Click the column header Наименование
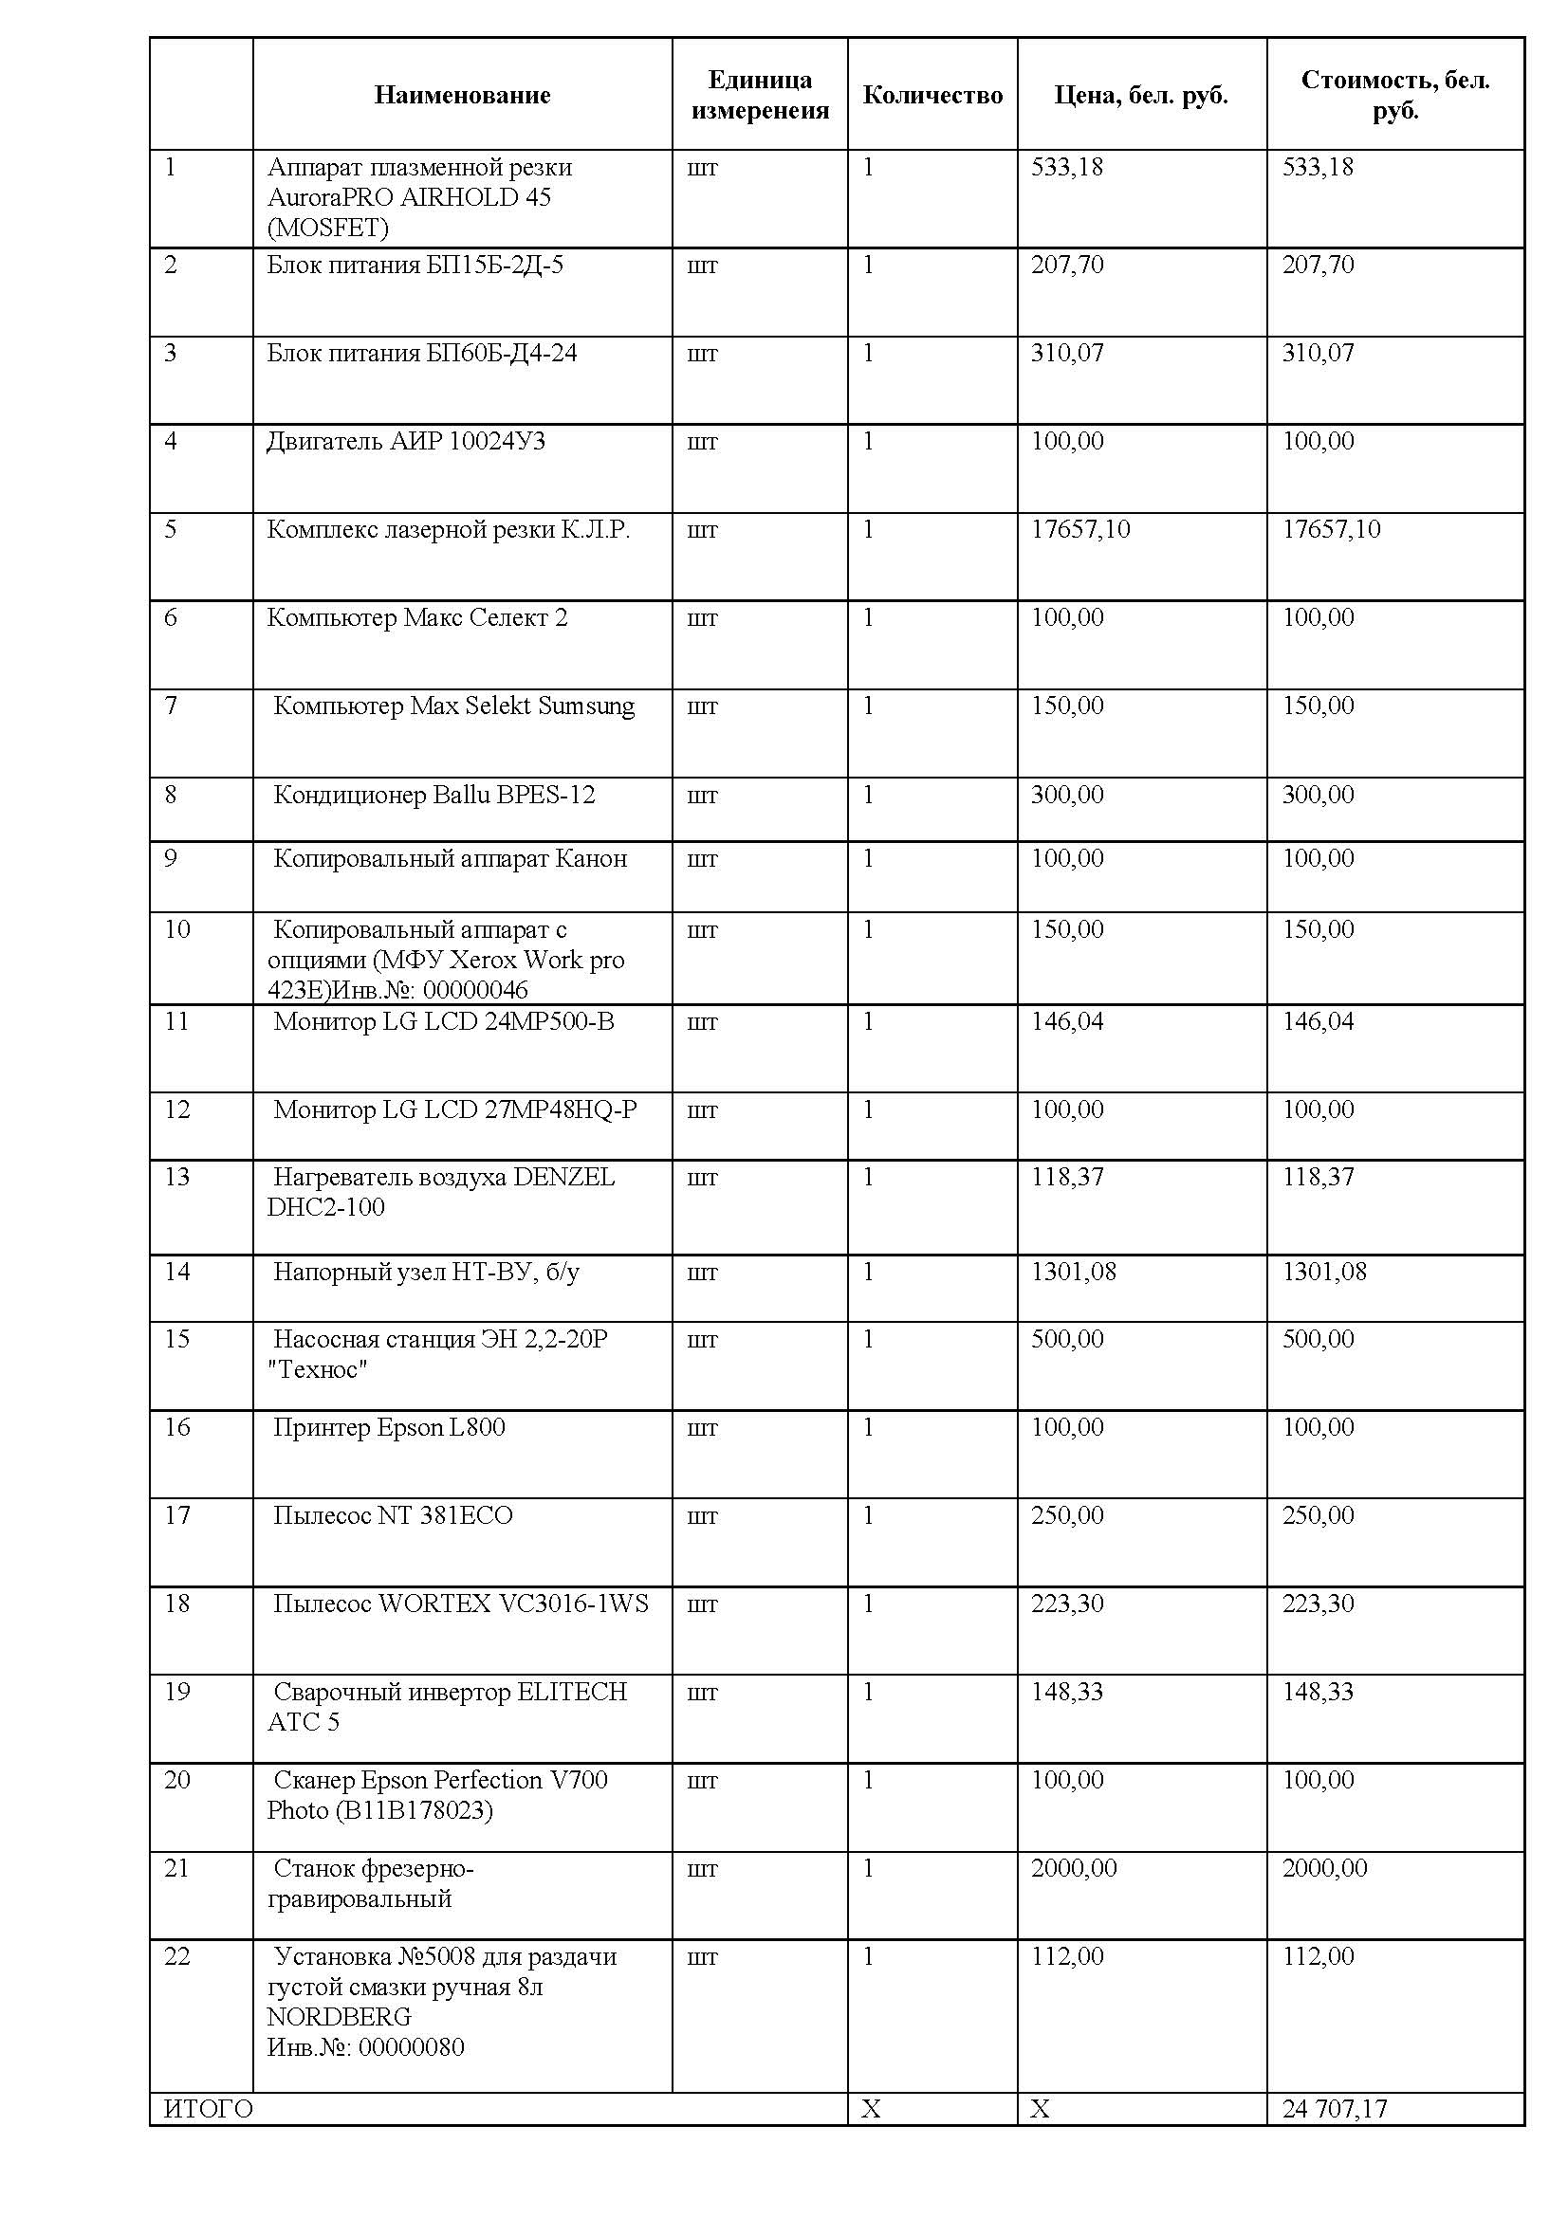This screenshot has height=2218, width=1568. [x=462, y=95]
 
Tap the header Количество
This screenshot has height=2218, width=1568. [x=932, y=95]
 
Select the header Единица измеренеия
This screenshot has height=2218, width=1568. [x=760, y=95]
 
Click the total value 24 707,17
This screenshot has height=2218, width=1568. [x=1335, y=2109]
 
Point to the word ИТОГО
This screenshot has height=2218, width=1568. [x=209, y=2109]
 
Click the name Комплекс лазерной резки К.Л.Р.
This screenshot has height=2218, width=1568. [x=449, y=529]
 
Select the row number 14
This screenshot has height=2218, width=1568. [x=176, y=1272]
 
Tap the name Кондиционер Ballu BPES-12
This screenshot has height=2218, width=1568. [x=434, y=795]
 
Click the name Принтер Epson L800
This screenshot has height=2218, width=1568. [x=388, y=1427]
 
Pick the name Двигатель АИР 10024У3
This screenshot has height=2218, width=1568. [x=406, y=442]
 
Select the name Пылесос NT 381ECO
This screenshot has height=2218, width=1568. [x=393, y=1514]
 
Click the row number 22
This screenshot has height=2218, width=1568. [x=176, y=1956]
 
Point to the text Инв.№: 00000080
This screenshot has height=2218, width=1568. [x=365, y=2047]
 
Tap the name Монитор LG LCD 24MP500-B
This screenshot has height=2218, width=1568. [x=443, y=1021]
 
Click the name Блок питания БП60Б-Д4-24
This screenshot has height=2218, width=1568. [x=422, y=353]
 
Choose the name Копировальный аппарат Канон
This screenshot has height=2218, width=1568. [x=451, y=859]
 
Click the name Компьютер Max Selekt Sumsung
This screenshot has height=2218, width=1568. [x=454, y=706]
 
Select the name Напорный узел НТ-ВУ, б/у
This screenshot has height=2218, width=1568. [x=426, y=1272]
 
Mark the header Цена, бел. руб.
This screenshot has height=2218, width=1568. [x=1141, y=95]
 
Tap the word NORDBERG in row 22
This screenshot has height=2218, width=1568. [x=339, y=2017]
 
